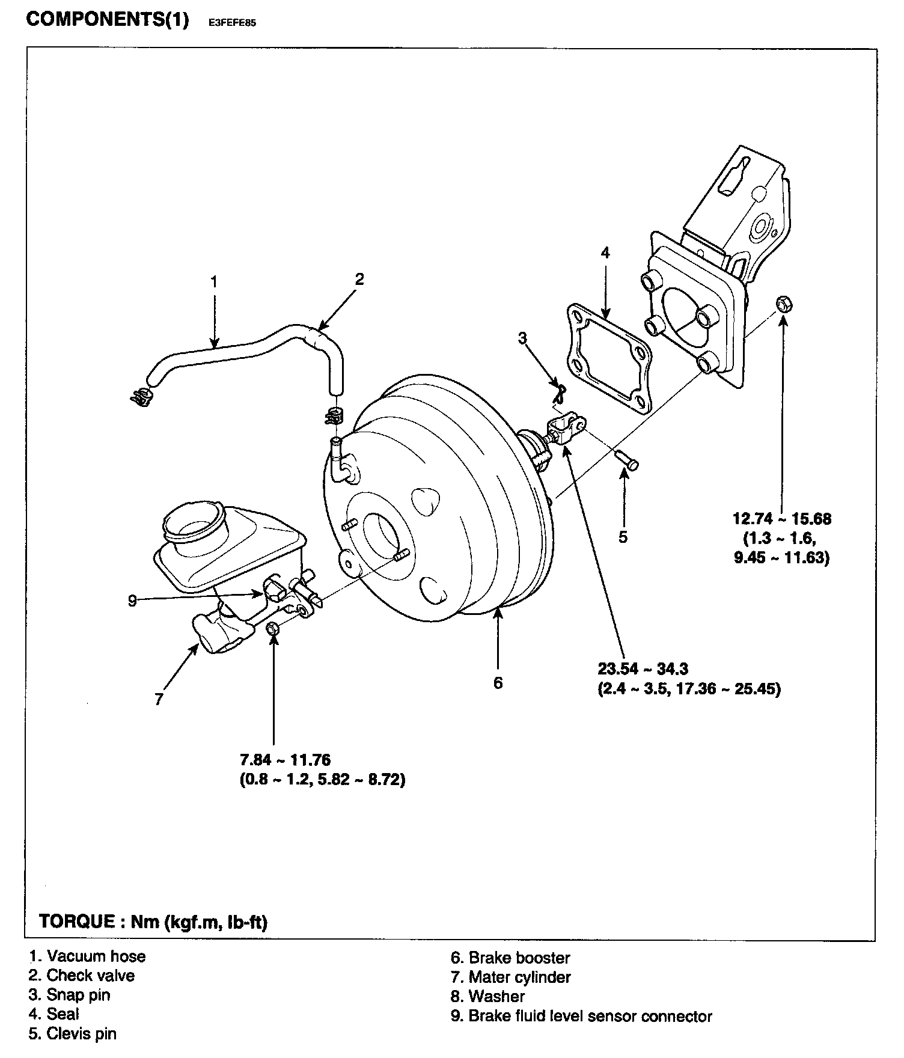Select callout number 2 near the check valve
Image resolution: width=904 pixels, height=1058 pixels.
[359, 279]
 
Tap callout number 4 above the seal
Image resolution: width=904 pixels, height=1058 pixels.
[605, 253]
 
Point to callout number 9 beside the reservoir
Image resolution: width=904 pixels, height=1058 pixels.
[133, 600]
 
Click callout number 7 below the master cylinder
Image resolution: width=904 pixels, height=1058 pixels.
[159, 699]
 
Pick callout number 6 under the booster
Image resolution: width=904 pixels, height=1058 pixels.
[498, 683]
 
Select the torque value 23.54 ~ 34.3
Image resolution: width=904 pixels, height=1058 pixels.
[643, 668]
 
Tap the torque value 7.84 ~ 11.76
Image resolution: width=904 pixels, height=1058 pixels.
[285, 760]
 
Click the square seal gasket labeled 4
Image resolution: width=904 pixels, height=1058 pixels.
[608, 359]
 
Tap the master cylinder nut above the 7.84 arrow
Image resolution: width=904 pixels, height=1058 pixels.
[272, 629]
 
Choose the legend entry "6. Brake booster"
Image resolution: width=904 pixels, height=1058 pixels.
[510, 958]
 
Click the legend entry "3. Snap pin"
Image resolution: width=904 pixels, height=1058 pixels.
[69, 995]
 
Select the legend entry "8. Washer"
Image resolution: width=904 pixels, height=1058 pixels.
[487, 996]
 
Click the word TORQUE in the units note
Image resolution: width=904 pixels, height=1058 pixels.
[76, 922]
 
